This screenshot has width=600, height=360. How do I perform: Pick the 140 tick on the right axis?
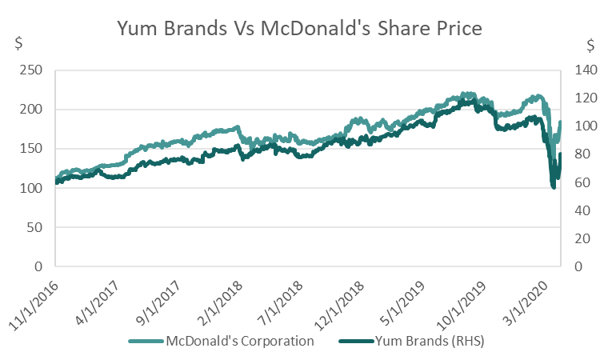click(x=580, y=70)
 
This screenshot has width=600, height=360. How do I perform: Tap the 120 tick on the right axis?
click(x=580, y=98)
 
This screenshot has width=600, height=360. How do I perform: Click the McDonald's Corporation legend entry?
click(x=237, y=340)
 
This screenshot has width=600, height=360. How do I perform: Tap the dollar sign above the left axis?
click(x=19, y=44)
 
